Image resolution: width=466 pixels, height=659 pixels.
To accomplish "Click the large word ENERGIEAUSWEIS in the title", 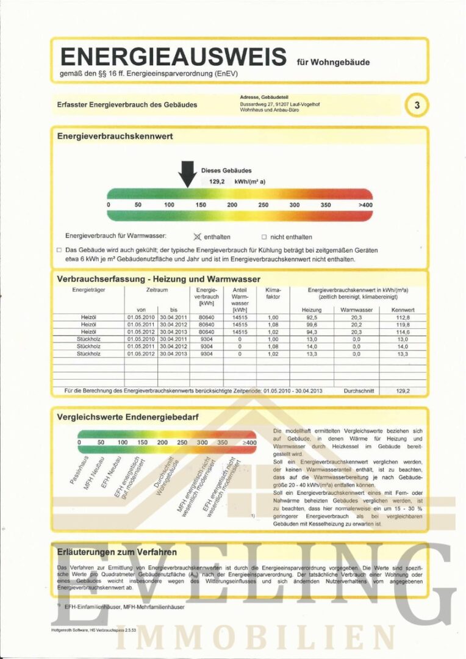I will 173,57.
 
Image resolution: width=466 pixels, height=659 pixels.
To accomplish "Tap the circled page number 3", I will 417,105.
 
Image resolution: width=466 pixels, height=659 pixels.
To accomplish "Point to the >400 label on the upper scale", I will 365,204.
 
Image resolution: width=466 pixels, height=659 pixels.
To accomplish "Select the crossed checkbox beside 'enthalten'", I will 196,237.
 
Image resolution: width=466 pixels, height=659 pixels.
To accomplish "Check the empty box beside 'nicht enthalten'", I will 264,237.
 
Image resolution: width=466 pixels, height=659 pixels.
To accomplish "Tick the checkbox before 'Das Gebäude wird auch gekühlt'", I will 59,250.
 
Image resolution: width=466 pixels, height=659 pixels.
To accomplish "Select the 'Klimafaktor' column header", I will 273,295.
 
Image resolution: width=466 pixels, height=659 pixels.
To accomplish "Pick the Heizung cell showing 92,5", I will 312,317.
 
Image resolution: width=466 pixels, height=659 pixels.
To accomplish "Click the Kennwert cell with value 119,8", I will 403,325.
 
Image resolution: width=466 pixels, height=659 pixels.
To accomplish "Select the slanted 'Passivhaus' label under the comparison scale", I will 79,470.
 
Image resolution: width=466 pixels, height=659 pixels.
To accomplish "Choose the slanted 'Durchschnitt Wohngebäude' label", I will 165,473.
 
